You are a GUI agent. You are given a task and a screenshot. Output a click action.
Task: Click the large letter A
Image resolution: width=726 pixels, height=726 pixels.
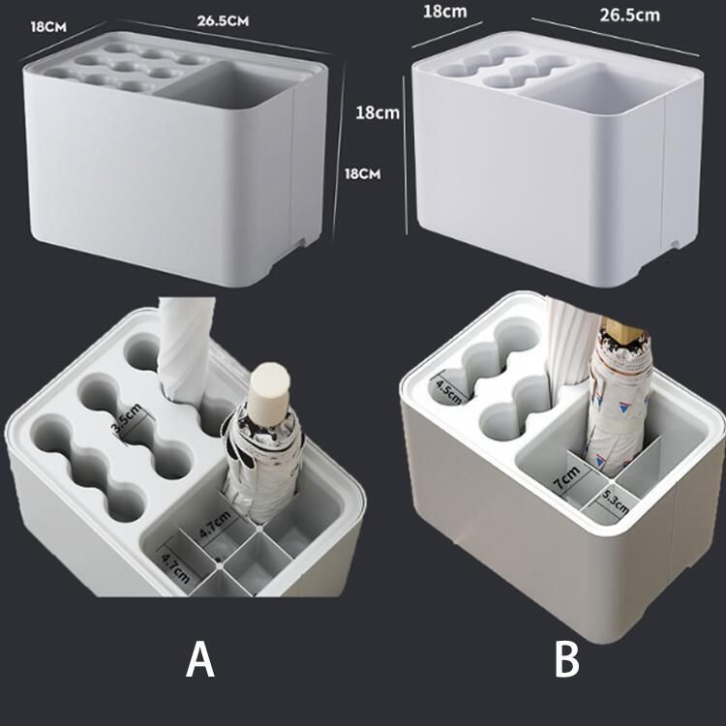(200, 659)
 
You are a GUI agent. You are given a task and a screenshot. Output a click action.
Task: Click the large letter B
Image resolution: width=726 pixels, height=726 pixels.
(566, 659)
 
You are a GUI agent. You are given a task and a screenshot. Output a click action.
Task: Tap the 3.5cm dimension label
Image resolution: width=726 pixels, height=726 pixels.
(127, 420)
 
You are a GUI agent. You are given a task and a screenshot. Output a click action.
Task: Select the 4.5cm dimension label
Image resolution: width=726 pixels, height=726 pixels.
(448, 393)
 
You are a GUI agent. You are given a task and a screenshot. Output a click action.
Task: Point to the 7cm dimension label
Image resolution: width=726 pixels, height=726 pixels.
(566, 478)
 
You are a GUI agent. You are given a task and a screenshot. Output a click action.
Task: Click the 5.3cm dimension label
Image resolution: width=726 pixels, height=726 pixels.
(616, 502)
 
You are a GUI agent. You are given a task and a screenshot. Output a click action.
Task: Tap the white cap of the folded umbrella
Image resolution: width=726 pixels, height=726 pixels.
(268, 388)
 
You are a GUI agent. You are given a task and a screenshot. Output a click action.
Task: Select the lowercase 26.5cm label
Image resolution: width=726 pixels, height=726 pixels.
(630, 15)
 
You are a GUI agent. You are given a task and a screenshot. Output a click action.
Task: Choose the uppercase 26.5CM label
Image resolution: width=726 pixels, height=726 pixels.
(223, 21)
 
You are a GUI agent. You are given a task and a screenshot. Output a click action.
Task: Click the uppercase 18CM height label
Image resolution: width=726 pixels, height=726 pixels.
(363, 174)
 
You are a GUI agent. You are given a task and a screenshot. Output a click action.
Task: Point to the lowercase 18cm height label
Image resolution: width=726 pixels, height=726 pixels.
(378, 112)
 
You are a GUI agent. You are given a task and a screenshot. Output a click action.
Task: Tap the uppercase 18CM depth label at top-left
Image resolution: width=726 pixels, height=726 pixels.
(48, 27)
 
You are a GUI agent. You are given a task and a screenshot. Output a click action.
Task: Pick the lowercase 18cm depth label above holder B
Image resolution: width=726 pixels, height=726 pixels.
(445, 12)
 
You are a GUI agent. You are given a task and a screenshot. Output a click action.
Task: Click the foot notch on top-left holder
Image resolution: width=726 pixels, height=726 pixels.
(303, 242)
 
